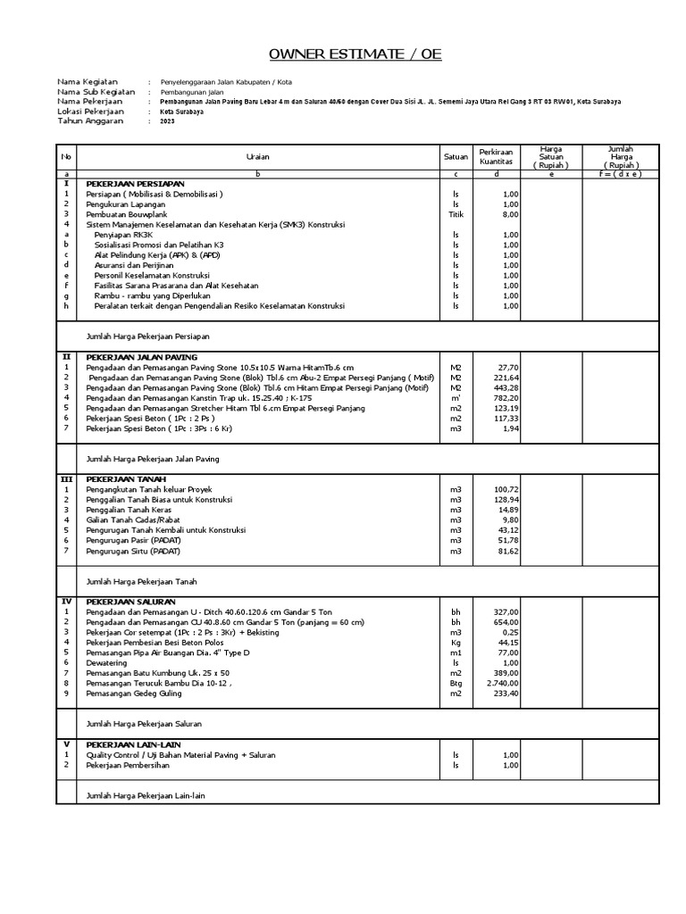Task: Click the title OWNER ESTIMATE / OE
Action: (343, 55)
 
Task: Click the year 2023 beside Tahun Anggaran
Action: (168, 121)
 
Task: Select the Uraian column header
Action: (257, 156)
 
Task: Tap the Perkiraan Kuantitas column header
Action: (495, 156)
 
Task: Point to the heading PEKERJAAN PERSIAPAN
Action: (130, 183)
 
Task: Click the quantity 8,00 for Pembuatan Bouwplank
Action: (509, 214)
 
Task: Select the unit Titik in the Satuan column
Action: (456, 214)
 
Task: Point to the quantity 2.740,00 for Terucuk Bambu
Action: (502, 683)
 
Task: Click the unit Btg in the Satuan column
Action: (456, 683)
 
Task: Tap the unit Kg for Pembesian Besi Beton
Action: (456, 642)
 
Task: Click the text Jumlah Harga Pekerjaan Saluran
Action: (143, 724)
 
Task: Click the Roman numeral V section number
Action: (65, 744)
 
